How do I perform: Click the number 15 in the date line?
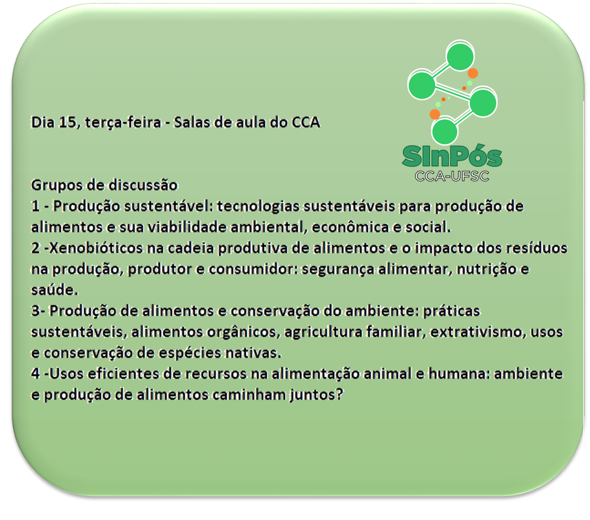68,122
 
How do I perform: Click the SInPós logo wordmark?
452,156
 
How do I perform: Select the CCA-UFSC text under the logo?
452,176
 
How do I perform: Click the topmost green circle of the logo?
460,56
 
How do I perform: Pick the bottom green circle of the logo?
444,132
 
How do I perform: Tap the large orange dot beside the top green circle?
473,73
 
